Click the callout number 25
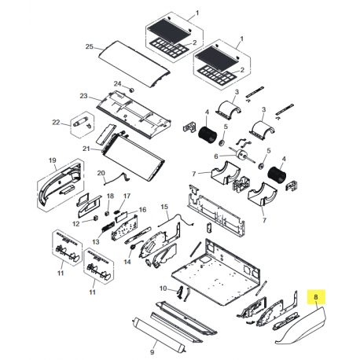pos(90,47)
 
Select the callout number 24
pos(117,83)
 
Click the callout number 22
pos(56,122)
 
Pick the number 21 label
pos(87,148)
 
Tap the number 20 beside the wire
pos(101,173)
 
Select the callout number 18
pos(109,195)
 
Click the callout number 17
pos(127,196)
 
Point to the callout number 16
pos(142,211)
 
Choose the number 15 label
pos(165,207)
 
